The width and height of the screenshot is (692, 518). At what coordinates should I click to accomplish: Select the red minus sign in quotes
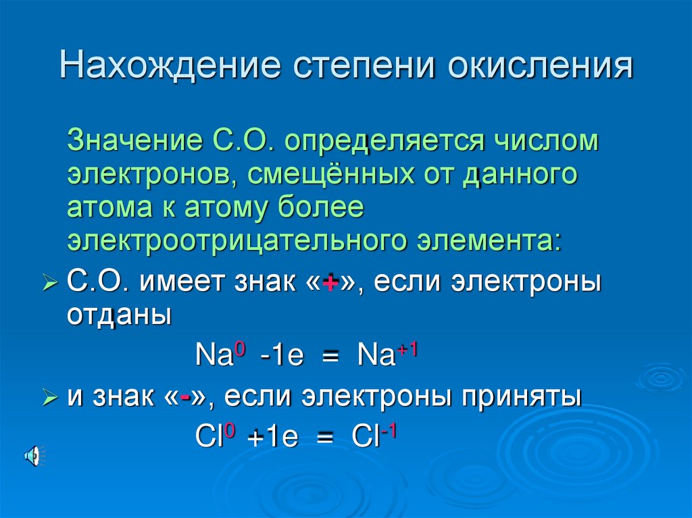184,398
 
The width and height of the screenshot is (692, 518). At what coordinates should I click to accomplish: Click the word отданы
119,315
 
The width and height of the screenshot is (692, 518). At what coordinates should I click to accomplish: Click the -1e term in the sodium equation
282,356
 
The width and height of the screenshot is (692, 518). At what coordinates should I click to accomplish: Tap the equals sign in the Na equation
330,357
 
